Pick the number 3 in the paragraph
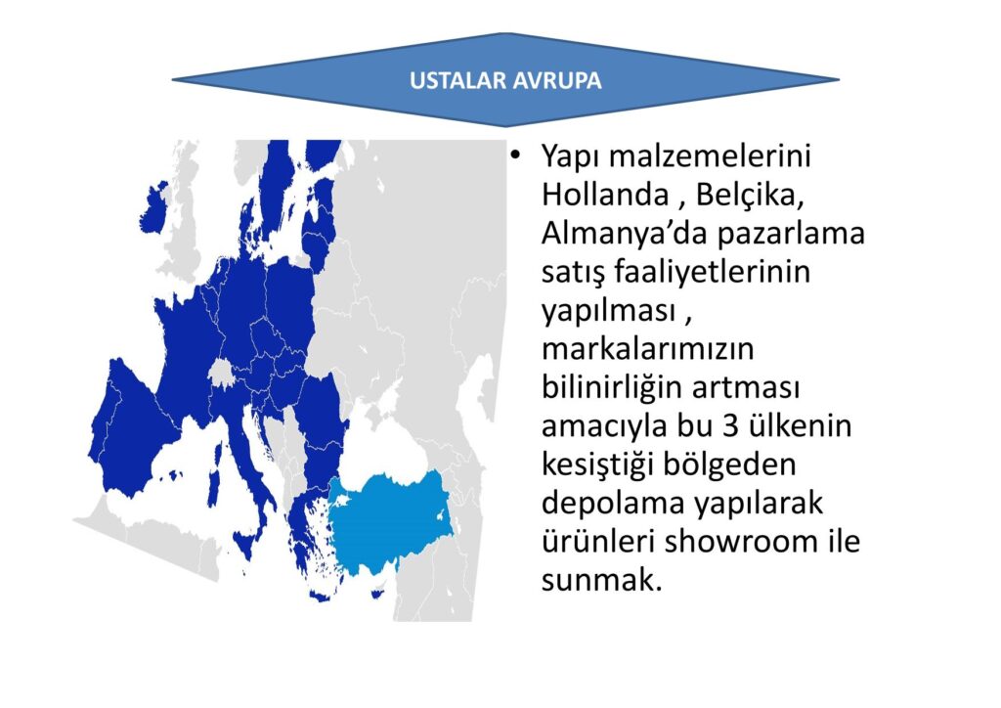tap(731, 425)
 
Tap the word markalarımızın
tap(647, 348)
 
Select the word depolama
tap(612, 504)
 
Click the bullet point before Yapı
tap(514, 156)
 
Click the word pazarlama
tap(790, 235)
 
